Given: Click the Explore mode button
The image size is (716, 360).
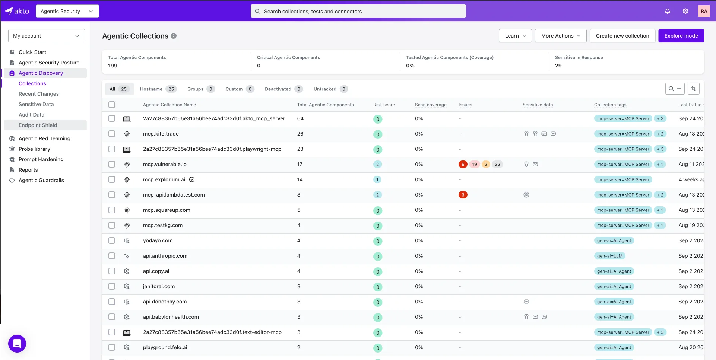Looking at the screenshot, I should click(x=681, y=36).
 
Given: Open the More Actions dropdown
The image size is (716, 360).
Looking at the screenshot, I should click(x=561, y=36).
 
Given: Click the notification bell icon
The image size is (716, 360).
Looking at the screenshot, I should click(x=668, y=11).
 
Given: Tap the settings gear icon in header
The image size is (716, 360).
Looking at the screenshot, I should click(x=685, y=11).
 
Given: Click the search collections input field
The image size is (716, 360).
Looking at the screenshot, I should click(x=358, y=11).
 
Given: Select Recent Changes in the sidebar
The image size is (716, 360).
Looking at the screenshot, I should click(x=39, y=94).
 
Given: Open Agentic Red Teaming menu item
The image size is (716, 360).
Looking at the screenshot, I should click(x=44, y=138).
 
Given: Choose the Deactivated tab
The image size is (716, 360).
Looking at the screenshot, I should click(x=278, y=89).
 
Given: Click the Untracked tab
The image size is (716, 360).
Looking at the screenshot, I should click(x=325, y=89).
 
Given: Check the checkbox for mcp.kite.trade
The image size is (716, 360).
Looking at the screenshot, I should click(x=112, y=134).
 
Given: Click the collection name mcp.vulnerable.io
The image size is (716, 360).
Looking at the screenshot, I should click(x=165, y=164).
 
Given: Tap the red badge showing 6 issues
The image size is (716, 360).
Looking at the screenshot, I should click(x=463, y=164).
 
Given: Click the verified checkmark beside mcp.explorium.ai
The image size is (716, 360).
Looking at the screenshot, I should click(x=192, y=179).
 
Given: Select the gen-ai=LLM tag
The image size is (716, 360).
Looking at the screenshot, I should click(x=609, y=256).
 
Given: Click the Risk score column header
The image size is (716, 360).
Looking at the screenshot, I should click(x=384, y=105).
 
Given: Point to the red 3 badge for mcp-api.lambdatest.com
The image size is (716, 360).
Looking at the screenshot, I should click(x=463, y=195).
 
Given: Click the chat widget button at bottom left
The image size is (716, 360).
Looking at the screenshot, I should click(x=17, y=343).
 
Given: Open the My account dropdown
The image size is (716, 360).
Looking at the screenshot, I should click(x=47, y=36).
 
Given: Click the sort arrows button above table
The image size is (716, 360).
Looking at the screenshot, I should click(x=693, y=89).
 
